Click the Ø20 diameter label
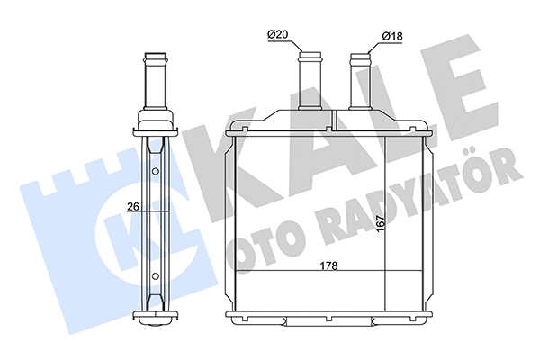pyautogui.click(x=276, y=36)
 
